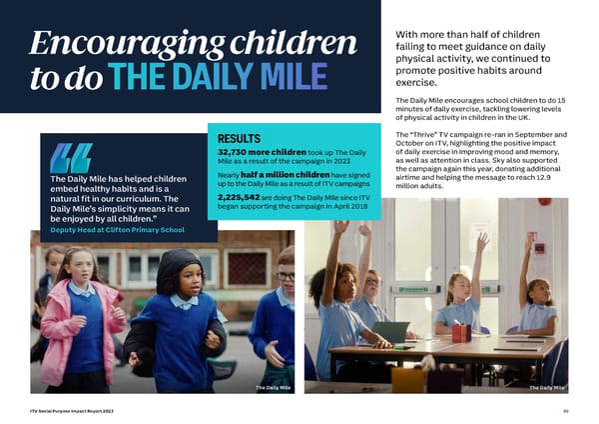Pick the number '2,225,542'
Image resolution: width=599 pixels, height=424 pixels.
click(239, 198)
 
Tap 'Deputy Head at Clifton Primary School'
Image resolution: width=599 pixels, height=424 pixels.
click(118, 230)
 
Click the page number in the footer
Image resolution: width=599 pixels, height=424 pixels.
click(564, 411)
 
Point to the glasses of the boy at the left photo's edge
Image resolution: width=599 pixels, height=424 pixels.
click(287, 275)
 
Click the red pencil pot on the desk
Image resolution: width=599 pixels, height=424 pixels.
click(460, 332)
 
